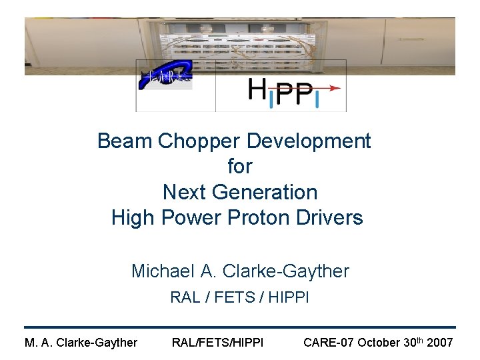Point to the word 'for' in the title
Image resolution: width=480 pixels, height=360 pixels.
click(x=240, y=167)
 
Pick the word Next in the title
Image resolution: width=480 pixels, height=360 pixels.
click(x=185, y=193)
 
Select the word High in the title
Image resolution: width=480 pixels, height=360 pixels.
click(x=132, y=218)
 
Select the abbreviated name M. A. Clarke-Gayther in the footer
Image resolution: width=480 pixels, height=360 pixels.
click(x=81, y=343)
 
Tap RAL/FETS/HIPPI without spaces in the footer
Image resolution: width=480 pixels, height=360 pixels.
click(x=217, y=343)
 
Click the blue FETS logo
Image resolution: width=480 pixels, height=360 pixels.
click(x=165, y=76)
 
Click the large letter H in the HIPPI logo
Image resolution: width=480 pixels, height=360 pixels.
click(x=259, y=89)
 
